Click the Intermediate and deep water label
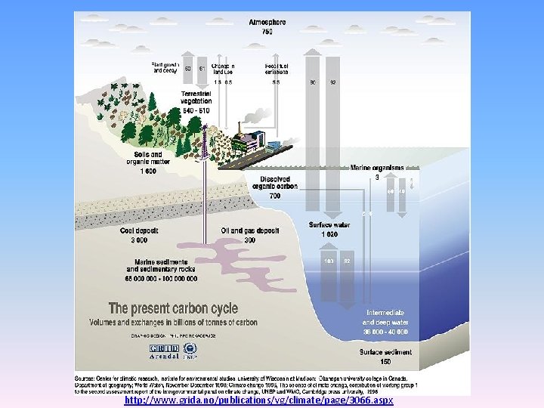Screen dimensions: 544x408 (x=386, y=316)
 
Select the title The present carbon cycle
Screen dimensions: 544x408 (x=174, y=308)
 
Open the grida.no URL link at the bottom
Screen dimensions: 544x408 (x=259, y=400)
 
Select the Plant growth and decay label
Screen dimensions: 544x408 (x=165, y=68)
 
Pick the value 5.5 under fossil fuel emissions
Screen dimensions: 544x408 (x=277, y=82)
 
